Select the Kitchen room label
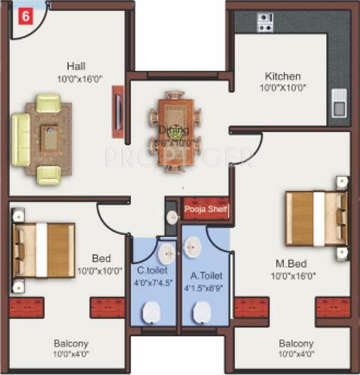[282, 76]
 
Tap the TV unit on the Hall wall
[118, 111]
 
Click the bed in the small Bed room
[45, 249]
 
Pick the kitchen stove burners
[265, 22]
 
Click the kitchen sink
[339, 103]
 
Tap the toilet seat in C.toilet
[153, 311]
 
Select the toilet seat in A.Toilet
[201, 312]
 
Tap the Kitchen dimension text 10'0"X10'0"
[284, 88]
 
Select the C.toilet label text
[152, 271]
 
